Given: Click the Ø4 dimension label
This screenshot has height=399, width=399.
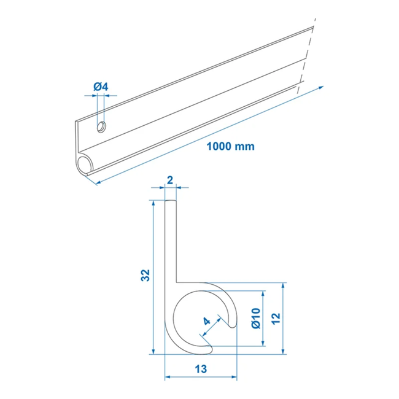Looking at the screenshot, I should pyautogui.click(x=101, y=87).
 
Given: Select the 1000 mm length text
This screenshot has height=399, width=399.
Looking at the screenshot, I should pyautogui.click(x=231, y=146).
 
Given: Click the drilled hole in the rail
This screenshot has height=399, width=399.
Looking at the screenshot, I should pyautogui.click(x=101, y=126).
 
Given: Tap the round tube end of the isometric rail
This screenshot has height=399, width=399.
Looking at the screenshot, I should pyautogui.click(x=86, y=164).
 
